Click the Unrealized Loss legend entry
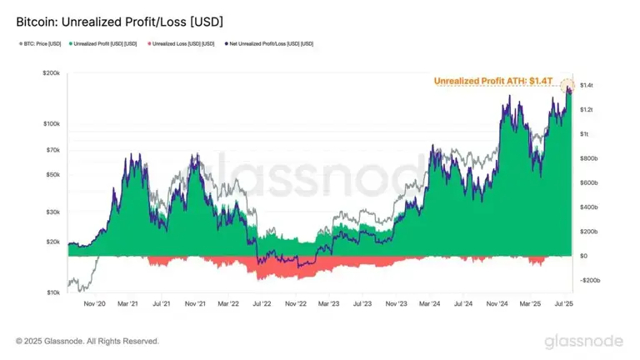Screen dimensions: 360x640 [180, 43]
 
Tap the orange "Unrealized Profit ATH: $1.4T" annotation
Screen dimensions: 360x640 [494, 81]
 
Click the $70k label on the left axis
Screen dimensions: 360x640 [51, 150]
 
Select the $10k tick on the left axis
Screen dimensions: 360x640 [51, 292]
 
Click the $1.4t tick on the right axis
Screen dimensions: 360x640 [586, 85]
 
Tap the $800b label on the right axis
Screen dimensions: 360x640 [589, 158]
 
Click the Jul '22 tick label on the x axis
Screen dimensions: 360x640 [263, 305]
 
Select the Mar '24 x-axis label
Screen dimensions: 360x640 [429, 305]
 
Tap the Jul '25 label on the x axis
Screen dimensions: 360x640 [567, 305]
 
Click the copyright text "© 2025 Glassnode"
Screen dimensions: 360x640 [87, 341]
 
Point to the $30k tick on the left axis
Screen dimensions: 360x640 [51, 212]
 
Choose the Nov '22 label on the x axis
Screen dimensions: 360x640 [297, 305]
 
